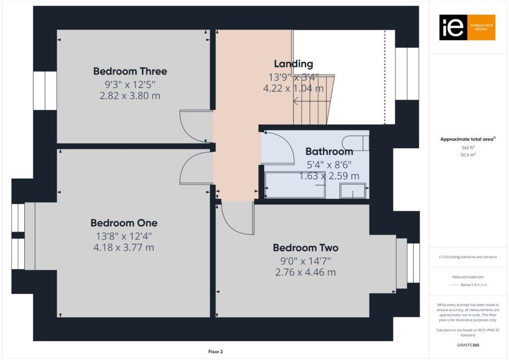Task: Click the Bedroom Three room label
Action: tap(130, 71)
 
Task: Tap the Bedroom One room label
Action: tap(124, 223)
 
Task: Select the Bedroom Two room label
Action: tap(305, 248)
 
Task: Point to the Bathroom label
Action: tap(329, 151)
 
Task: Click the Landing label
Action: tap(293, 64)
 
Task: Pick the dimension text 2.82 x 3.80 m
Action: tap(130, 95)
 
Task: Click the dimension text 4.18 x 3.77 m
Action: tap(124, 247)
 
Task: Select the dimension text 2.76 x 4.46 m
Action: tap(305, 272)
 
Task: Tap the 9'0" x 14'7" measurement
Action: tap(305, 260)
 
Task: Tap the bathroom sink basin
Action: tap(352, 191)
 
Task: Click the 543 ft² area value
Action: tap(468, 147)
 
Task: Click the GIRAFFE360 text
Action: tap(468, 345)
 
